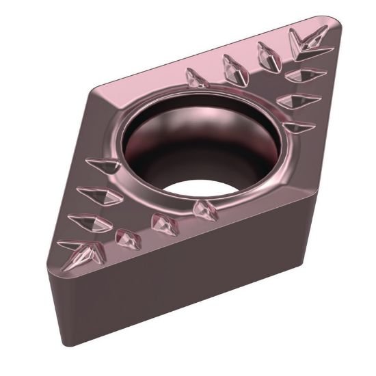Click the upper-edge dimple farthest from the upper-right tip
tap(197, 79)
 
